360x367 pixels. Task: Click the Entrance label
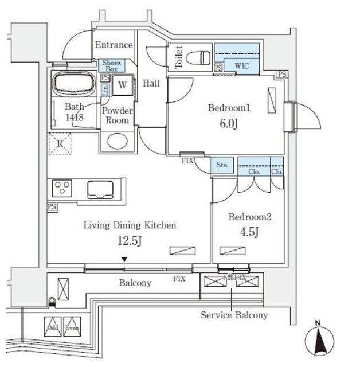pos(114,45)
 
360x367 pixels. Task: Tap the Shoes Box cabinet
pos(111,65)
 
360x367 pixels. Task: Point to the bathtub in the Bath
pos(74,85)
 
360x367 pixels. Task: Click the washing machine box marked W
pos(123,85)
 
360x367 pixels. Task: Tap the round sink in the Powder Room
pos(118,141)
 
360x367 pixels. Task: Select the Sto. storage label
pos(222,166)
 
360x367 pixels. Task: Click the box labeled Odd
pos(53,326)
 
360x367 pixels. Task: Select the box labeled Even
pos(71,326)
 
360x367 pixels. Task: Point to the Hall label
pos(151,83)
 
